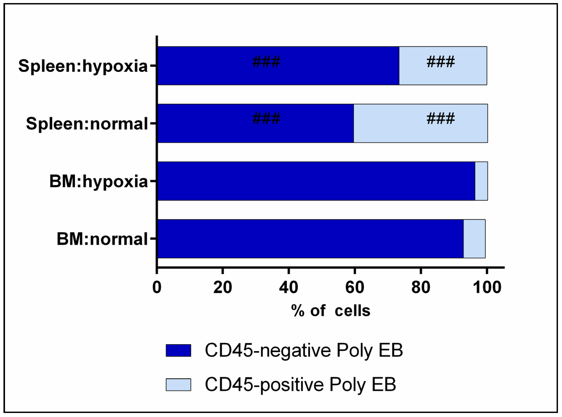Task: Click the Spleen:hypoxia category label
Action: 83,66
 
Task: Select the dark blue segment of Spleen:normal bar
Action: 255,131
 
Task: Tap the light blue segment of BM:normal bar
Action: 474,239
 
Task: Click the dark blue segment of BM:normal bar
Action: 310,239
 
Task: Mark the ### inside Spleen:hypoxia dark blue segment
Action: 266,62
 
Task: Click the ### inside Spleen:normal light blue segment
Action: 440,119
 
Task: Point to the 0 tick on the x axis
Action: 157,287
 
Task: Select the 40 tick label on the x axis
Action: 288,287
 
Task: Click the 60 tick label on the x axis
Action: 355,287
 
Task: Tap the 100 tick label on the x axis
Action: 487,287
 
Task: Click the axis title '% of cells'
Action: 330,311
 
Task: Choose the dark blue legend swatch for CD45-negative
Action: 178,350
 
